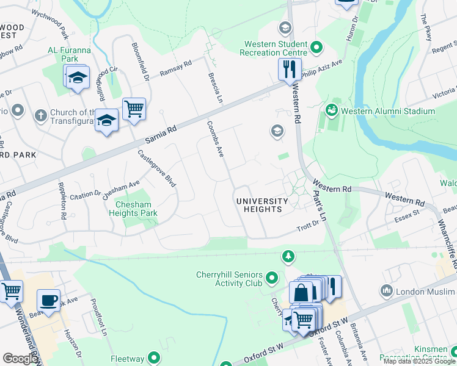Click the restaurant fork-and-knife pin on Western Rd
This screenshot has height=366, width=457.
[290, 69]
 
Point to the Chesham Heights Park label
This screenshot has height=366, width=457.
[133, 209]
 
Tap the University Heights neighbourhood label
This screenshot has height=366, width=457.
[262, 205]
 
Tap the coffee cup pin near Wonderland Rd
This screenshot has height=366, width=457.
[48, 300]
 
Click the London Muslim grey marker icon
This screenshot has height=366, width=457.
[386, 292]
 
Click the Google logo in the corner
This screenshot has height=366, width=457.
[20, 359]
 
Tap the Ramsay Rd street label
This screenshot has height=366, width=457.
[175, 67]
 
